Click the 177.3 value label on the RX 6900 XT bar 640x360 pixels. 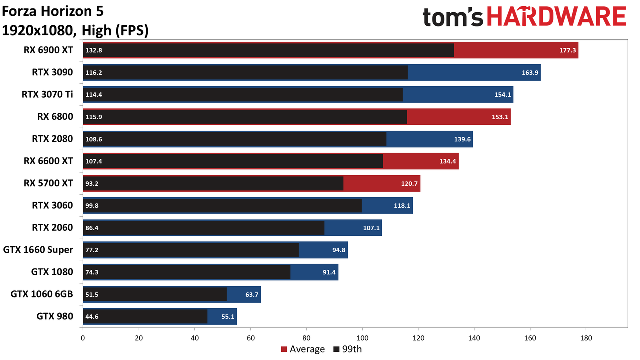567,50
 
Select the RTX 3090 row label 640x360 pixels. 52,72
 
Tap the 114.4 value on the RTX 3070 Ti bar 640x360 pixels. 94,95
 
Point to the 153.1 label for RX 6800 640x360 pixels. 500,117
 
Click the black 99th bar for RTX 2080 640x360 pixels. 235,139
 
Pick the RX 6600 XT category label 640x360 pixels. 48,161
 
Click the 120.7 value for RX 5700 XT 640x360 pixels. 409,183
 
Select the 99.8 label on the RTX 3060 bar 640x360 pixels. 92,205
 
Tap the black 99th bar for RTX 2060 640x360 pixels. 203,228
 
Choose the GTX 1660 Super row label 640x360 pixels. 38,250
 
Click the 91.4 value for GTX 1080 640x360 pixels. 329,272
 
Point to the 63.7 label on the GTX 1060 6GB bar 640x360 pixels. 252,294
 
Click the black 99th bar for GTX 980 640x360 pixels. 145,316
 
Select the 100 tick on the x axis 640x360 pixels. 362,338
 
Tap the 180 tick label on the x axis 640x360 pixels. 586,338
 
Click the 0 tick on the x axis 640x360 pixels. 83,338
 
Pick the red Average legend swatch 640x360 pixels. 284,349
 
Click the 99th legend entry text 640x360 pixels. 352,349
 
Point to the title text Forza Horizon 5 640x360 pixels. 53,11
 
